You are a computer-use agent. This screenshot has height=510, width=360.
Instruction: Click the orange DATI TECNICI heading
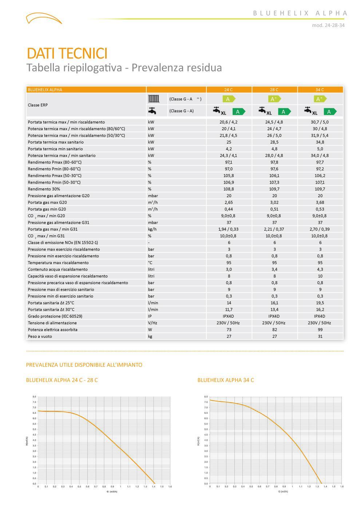coord(67,53)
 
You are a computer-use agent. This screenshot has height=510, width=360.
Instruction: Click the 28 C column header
coord(274,90)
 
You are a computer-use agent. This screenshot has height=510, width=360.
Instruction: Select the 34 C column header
coord(320,90)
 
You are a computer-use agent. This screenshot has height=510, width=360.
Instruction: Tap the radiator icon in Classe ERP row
coord(154,99)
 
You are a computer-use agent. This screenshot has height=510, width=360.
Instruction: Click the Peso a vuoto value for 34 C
coord(320,336)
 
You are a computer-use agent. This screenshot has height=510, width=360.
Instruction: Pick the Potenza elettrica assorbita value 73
coord(229,330)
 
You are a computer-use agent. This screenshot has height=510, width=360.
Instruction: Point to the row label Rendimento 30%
coord(44,189)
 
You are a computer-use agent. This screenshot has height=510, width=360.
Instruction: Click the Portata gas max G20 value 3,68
coord(320,203)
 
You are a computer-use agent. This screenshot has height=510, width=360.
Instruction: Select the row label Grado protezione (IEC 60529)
coord(55,316)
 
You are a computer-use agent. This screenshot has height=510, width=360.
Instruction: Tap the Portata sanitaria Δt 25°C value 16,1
coord(274,303)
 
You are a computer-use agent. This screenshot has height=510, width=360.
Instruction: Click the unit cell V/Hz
coord(153,323)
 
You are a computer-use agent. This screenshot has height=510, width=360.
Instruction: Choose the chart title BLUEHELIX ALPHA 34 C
coord(226,380)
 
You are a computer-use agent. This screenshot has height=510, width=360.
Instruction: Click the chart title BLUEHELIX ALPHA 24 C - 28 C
coord(62,380)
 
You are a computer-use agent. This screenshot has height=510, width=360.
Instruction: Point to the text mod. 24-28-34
coord(328,25)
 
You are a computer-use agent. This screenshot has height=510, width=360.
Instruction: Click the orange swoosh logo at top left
coord(44,18)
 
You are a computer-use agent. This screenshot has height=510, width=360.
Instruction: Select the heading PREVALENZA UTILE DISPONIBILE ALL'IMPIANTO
coord(84,365)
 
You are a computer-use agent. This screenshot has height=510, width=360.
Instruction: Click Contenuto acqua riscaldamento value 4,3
coord(320,269)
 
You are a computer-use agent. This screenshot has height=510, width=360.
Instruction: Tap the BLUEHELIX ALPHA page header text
coord(300,13)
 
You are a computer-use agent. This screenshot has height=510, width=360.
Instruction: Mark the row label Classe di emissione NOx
coord(63,243)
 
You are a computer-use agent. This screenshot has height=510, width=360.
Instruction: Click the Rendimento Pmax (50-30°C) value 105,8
coord(229,176)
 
